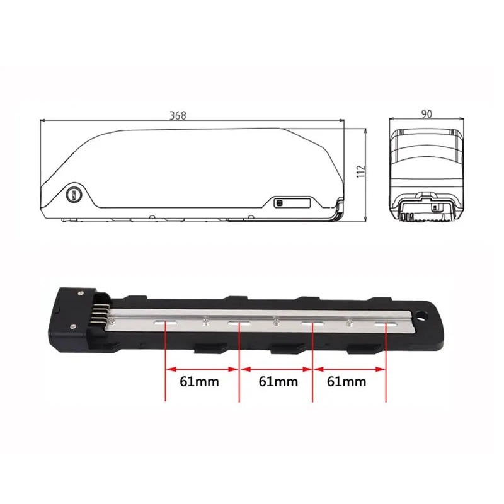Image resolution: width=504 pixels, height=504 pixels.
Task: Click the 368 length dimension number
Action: (178, 115)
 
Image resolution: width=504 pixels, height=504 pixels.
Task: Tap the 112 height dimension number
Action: (361, 171)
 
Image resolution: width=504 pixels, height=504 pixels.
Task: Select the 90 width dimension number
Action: (427, 114)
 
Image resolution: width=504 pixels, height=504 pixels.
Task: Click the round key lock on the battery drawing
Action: (74, 195)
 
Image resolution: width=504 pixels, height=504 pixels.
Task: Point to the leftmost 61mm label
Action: (199, 382)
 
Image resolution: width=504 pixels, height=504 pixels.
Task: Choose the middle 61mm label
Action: (278, 382)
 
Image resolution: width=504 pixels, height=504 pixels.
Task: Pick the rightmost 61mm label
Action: (346, 382)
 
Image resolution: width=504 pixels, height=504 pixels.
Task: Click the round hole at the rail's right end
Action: (421, 316)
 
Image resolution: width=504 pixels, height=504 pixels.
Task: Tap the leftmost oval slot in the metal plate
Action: (166, 323)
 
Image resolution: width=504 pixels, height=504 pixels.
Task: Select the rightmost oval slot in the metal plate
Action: (386, 325)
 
